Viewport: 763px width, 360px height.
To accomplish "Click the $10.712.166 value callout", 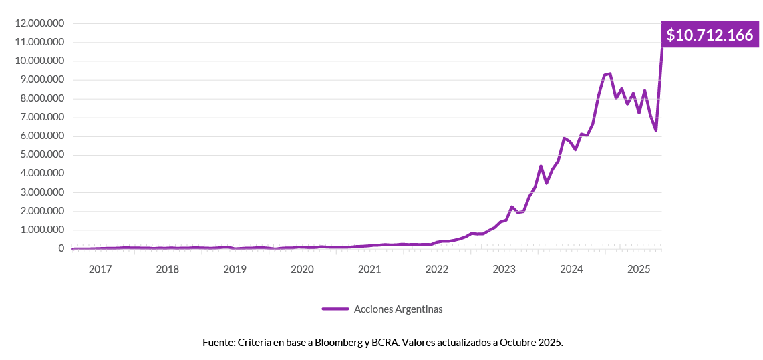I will coord(710,35).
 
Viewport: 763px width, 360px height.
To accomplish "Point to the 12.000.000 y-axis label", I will coord(39,23).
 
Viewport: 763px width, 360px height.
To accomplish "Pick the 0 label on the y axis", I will coord(61,249).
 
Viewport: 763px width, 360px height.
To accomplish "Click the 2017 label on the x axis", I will coord(100,269).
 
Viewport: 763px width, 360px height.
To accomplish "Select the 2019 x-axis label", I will coord(235,269).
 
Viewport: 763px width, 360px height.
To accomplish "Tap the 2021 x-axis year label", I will coord(369,269).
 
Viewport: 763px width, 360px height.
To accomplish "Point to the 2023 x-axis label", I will coord(504,269).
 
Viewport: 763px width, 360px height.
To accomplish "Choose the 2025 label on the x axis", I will coord(639,269).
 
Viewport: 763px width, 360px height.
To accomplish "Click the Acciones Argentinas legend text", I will coord(399,309).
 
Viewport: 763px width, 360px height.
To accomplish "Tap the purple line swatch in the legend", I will coord(335,309).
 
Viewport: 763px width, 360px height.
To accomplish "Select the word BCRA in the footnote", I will coord(388,342).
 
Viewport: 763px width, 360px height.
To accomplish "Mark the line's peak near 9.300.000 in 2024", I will coord(609,73).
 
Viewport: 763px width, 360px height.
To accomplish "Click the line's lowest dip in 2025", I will coord(656,130).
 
